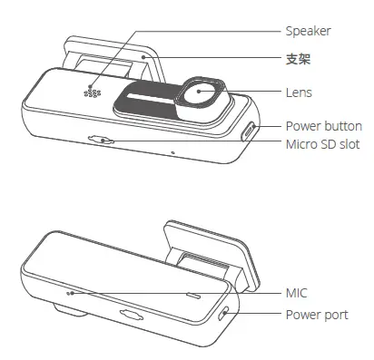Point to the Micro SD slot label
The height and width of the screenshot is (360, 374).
tap(323, 144)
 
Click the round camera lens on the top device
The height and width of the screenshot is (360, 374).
tap(202, 93)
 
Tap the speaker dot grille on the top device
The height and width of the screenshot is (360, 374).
tap(92, 93)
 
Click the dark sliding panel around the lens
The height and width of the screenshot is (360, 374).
tap(145, 104)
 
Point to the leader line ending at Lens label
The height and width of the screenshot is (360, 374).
tap(254, 92)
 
